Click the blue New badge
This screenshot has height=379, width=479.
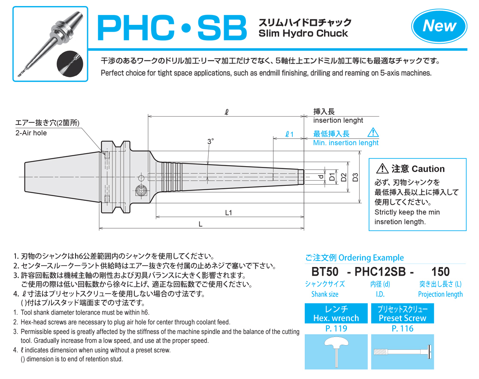click(x=439, y=26)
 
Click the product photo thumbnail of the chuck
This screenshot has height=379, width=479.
click(x=50, y=44)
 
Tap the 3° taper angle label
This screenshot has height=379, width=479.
click(x=210, y=141)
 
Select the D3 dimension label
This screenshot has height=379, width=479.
click(x=355, y=177)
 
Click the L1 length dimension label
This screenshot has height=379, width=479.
click(x=228, y=212)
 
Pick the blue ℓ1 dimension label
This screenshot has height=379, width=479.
click(x=289, y=134)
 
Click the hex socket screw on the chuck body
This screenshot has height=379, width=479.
click(x=141, y=191)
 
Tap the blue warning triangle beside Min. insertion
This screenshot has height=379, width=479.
click(x=373, y=133)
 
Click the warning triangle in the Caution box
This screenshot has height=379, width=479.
click(x=382, y=168)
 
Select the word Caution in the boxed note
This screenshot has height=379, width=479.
click(x=428, y=169)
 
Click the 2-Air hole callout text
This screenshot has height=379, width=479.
click(x=31, y=133)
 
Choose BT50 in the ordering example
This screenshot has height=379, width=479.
click(x=325, y=272)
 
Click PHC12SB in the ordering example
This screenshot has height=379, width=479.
click(x=380, y=272)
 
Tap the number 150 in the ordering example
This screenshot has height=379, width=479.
click(x=440, y=272)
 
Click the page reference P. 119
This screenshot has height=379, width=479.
click(x=337, y=329)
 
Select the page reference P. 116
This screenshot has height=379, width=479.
click(x=403, y=329)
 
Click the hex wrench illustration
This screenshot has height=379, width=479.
click(x=337, y=351)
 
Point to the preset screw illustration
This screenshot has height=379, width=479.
click(x=403, y=352)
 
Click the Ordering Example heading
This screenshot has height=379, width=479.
click(x=355, y=258)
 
